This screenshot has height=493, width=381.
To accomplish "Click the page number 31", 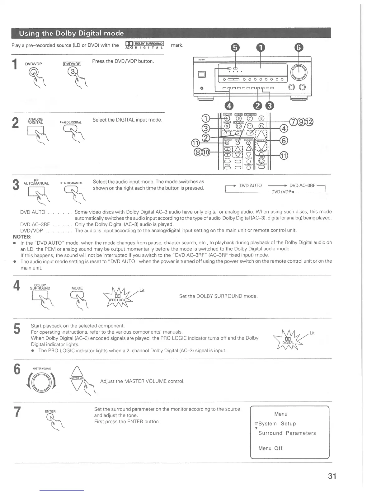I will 332,476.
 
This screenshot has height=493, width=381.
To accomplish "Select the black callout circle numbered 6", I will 299,47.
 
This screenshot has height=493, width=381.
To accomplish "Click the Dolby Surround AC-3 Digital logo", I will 144,45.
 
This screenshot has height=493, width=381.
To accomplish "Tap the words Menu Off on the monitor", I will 270,448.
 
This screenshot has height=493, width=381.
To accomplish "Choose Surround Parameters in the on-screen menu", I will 287,433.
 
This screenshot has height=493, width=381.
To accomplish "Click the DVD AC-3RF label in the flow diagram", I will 302,185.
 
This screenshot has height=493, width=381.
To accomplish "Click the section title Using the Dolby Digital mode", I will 71,33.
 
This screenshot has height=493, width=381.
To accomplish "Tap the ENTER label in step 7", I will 50,411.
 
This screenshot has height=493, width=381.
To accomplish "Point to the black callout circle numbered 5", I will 235,47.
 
